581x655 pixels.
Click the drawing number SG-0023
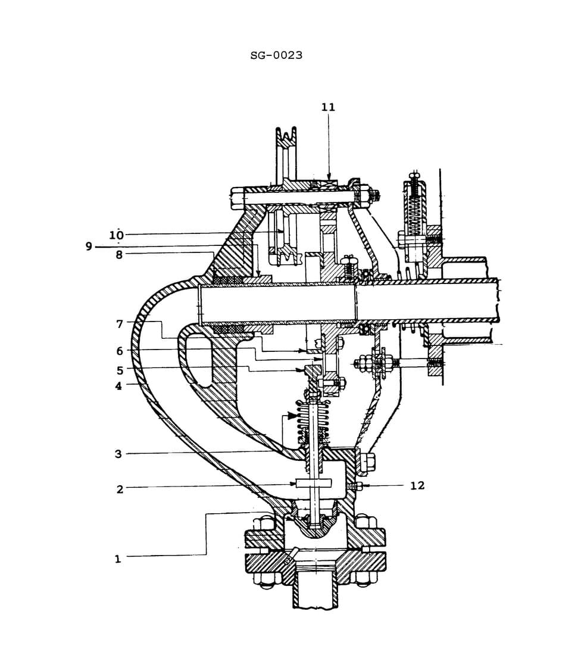tap(276, 55)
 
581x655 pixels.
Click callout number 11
tap(328, 107)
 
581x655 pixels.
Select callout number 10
tap(116, 235)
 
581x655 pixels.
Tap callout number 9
tap(89, 247)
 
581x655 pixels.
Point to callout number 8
tap(119, 255)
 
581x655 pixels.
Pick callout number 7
tap(119, 324)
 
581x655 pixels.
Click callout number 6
tap(119, 351)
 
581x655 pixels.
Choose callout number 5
tap(119, 370)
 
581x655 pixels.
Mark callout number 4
tap(118, 386)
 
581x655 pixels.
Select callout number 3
tap(118, 454)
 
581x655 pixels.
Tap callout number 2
tap(119, 489)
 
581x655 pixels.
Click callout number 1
tap(117, 559)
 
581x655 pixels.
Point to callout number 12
tap(417, 486)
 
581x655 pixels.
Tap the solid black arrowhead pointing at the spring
tap(292, 416)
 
